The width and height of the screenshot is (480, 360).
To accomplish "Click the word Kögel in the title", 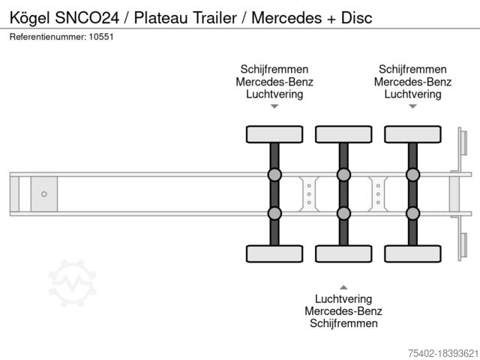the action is click(29, 18).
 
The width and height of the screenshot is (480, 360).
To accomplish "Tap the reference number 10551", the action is click(101, 37).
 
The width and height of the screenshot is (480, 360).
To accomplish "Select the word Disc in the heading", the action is click(357, 18).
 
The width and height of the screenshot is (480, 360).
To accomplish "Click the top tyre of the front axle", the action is click(274, 134).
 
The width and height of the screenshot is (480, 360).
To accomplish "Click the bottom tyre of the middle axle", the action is click(343, 253).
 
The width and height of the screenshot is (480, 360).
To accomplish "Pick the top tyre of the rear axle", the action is click(413, 134).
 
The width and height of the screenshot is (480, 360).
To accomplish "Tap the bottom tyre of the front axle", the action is click(274, 253).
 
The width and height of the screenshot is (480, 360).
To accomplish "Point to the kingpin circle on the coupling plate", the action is click(44, 194).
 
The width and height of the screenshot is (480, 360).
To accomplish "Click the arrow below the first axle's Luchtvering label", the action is click(274, 106).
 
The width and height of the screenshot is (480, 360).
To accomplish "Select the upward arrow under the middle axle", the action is click(343, 287).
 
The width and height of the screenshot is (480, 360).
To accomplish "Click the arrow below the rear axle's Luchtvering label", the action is click(413, 106).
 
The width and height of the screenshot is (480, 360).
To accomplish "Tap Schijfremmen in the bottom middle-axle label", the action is click(343, 323).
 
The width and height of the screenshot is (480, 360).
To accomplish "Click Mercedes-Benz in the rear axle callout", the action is click(413, 82).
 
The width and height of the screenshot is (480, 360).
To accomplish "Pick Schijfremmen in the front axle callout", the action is click(274, 69).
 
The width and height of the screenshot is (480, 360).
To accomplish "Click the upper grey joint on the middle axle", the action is click(343, 175).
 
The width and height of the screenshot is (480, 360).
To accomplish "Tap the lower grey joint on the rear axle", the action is click(413, 213).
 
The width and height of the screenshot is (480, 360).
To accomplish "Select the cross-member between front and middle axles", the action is click(309, 194).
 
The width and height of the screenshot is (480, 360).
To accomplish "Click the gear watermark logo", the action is click(73, 283).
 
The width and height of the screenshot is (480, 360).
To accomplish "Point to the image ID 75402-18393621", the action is click(443, 353).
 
